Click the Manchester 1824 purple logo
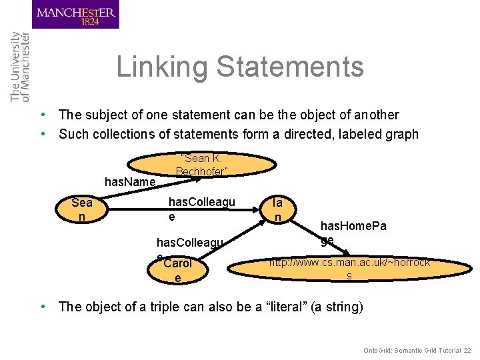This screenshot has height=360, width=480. [75, 15]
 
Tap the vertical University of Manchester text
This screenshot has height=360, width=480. [20, 67]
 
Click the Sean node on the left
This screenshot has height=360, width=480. [82, 209]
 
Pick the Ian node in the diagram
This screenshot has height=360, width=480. [278, 209]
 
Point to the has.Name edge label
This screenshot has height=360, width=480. [130, 182]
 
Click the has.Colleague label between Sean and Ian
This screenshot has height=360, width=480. [201, 209]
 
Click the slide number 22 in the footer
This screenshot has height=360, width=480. [467, 350]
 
